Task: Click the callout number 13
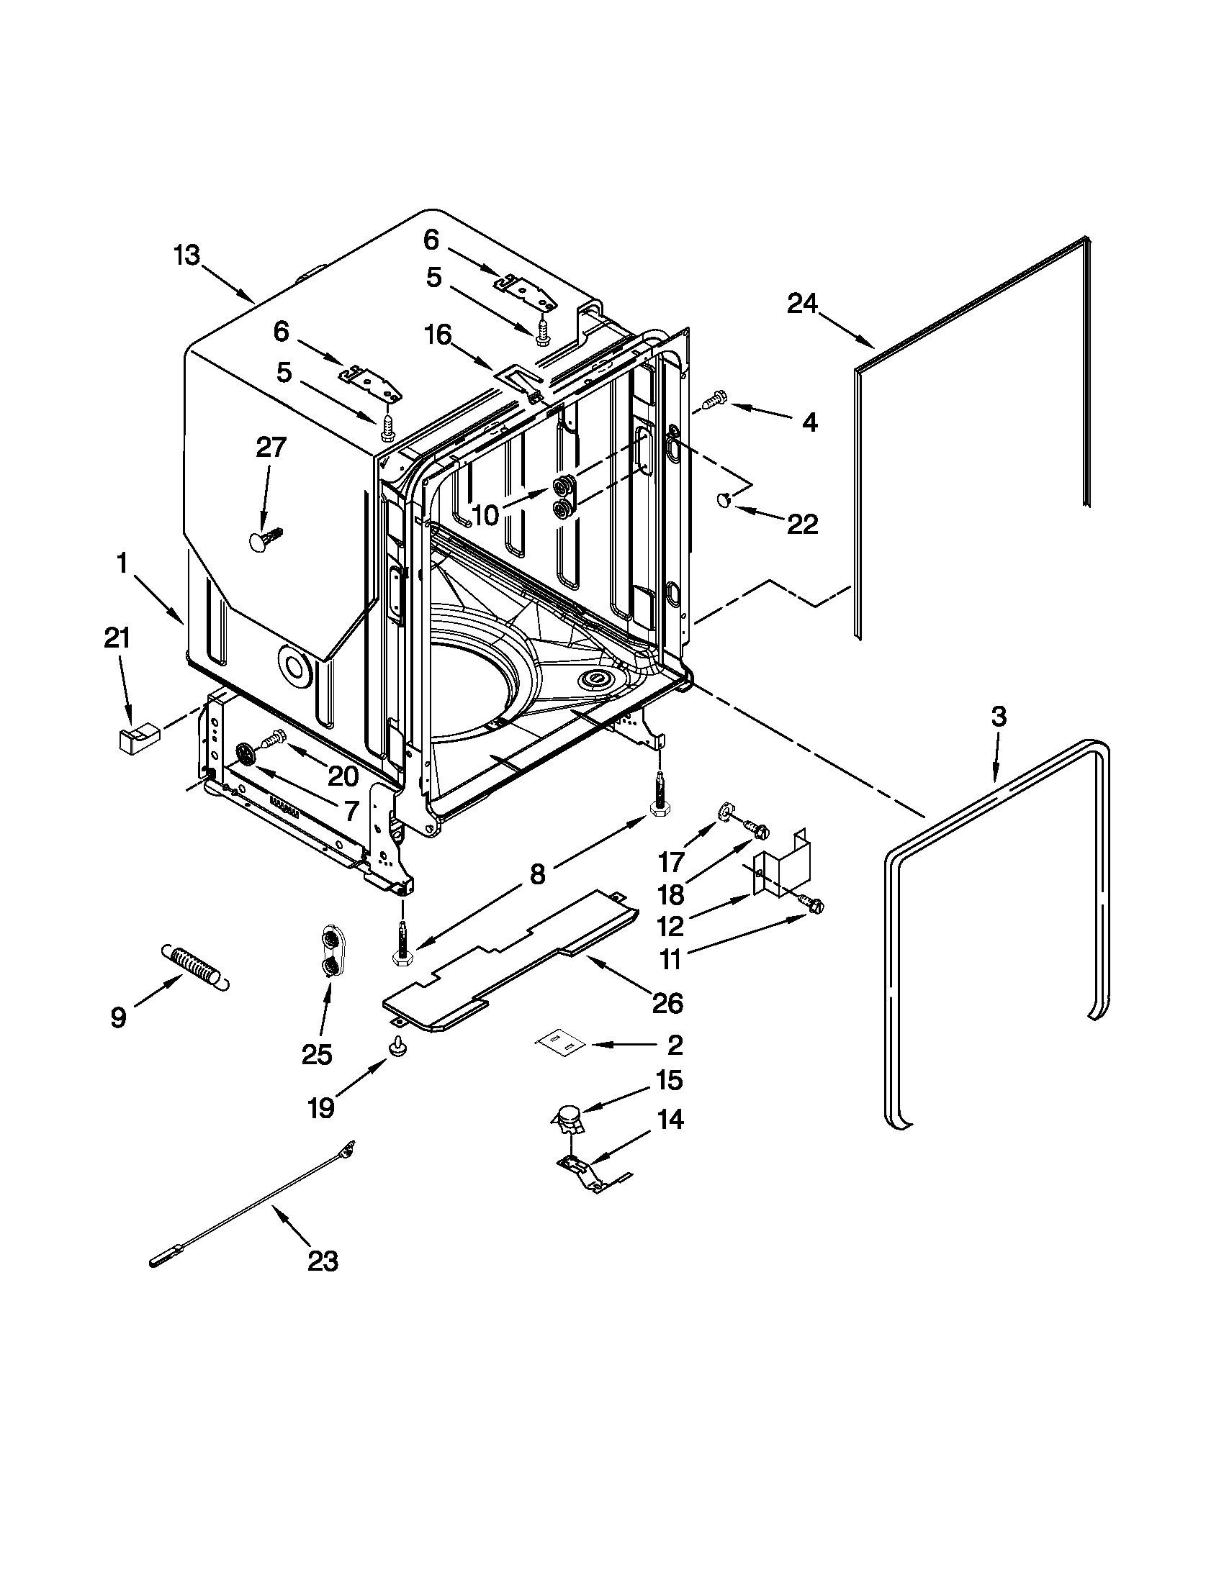186,256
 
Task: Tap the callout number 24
802,303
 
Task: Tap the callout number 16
438,334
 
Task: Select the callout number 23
323,1261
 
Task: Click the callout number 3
998,717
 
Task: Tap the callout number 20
343,776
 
